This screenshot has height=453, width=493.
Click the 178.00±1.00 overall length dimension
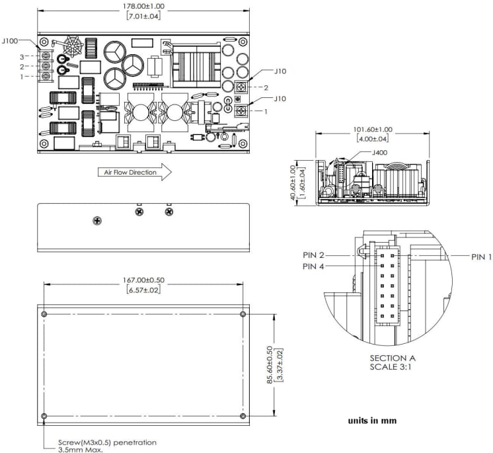pyautogui.click(x=143, y=6)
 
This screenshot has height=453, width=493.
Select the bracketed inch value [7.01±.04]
pyautogui.click(x=143, y=16)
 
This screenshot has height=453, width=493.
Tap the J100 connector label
pyautogui.click(x=10, y=40)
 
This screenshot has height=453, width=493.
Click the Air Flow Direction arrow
pyautogui.click(x=135, y=173)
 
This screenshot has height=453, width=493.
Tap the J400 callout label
pyautogui.click(x=380, y=153)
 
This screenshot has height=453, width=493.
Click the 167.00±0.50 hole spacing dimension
pyautogui.click(x=143, y=280)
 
